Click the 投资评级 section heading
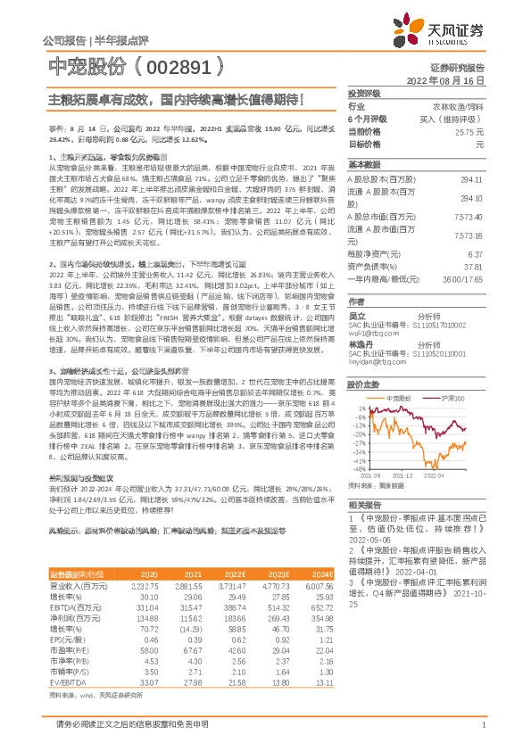click(x=364, y=93)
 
